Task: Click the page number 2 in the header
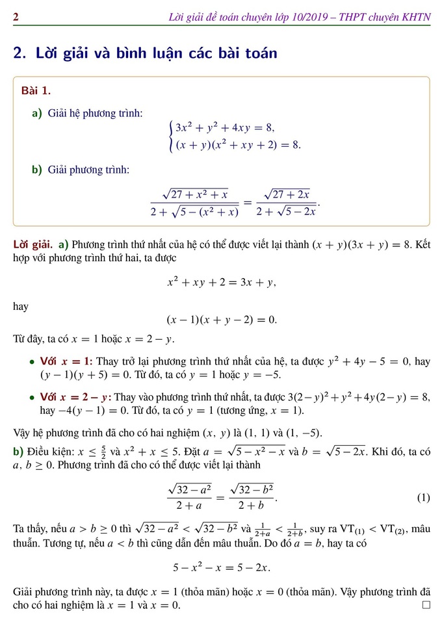pos(16,17)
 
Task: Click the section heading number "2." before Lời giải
pos(19,53)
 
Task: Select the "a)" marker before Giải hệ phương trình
pos(38,113)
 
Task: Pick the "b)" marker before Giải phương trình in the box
pos(38,170)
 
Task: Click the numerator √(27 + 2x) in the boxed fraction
pos(287,194)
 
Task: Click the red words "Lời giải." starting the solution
pos(33,245)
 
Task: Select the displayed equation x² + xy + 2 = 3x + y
pos(221,283)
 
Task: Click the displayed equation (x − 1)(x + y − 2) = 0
pos(222,319)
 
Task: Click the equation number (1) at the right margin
pos(423,498)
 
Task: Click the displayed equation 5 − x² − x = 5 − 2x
pos(221,567)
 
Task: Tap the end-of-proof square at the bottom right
pos(426,605)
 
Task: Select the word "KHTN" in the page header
pos(416,17)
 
